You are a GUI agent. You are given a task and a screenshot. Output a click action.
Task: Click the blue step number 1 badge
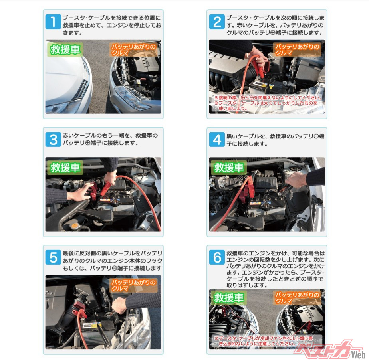coord(53,22)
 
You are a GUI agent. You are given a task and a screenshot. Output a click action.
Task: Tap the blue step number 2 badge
coord(217,22)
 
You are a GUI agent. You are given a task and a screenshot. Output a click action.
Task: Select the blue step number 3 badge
coord(53,139)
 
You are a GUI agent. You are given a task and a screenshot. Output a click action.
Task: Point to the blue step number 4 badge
coord(217,139)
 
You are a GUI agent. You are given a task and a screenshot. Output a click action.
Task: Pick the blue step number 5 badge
coord(53,257)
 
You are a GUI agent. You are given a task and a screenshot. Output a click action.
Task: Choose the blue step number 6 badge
coord(217,257)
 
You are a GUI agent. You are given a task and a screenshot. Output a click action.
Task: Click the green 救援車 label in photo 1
coord(65,49)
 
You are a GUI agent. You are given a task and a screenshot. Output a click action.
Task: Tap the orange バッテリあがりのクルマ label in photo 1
coord(133,49)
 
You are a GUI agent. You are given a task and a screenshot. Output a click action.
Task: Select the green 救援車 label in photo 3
coord(65,167)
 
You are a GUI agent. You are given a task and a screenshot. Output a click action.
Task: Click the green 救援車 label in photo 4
coord(229,167)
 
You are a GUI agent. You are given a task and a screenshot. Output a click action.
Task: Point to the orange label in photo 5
coord(133,285)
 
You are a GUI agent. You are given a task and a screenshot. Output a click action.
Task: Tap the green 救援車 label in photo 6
coord(229,298)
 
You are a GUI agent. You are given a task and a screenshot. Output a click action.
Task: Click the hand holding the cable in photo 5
coord(119,305)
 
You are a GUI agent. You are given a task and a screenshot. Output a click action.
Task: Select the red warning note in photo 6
coord(264,341)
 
